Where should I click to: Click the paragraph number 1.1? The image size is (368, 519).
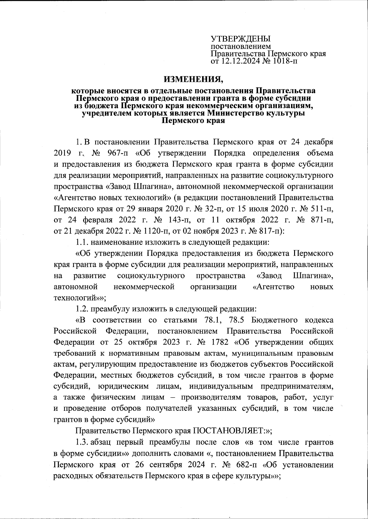pyautogui.click(x=82, y=242)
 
